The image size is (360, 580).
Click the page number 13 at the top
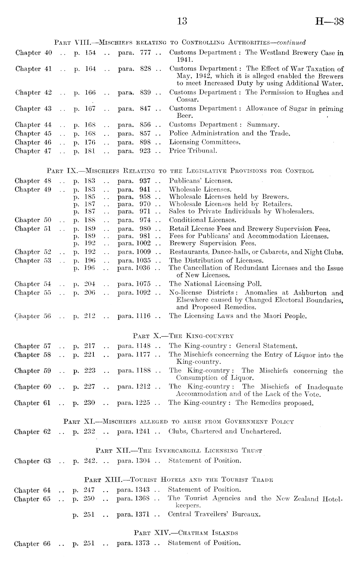(182, 21)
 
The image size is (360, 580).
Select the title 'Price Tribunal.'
(193, 151)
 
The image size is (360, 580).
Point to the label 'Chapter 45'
(33, 133)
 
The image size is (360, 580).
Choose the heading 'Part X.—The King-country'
(183, 336)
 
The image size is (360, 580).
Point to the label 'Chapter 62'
(32, 432)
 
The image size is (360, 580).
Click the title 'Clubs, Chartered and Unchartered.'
(225, 431)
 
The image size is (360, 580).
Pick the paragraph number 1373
(142, 543)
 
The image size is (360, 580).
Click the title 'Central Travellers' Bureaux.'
(214, 514)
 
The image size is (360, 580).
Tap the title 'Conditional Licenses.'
(203, 220)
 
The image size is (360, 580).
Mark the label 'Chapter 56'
(33, 316)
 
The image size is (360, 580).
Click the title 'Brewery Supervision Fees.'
(213, 243)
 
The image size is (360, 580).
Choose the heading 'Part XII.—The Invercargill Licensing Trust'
(179, 450)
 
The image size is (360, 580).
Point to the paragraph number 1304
(143, 460)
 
